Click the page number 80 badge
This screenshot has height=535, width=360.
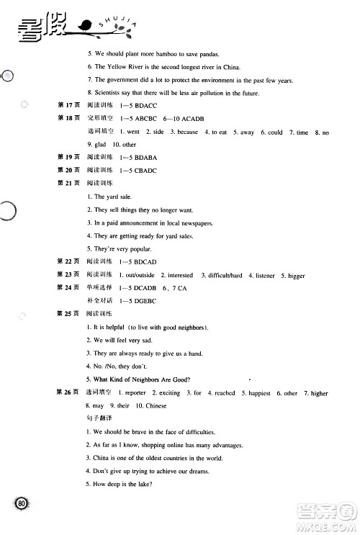tap(22, 503)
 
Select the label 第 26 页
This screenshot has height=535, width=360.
tap(67, 393)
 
